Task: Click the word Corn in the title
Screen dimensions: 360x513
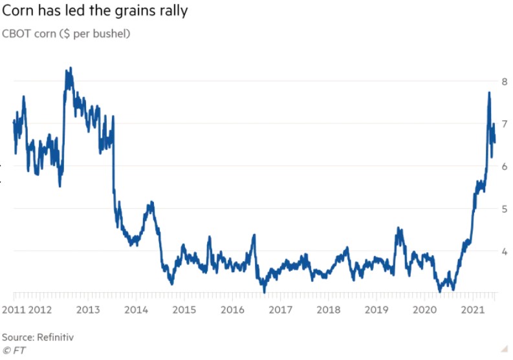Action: click(19, 11)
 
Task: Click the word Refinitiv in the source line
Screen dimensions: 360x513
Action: click(54, 337)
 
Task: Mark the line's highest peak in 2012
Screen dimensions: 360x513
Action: click(69, 68)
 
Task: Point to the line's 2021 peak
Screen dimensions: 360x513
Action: click(489, 92)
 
